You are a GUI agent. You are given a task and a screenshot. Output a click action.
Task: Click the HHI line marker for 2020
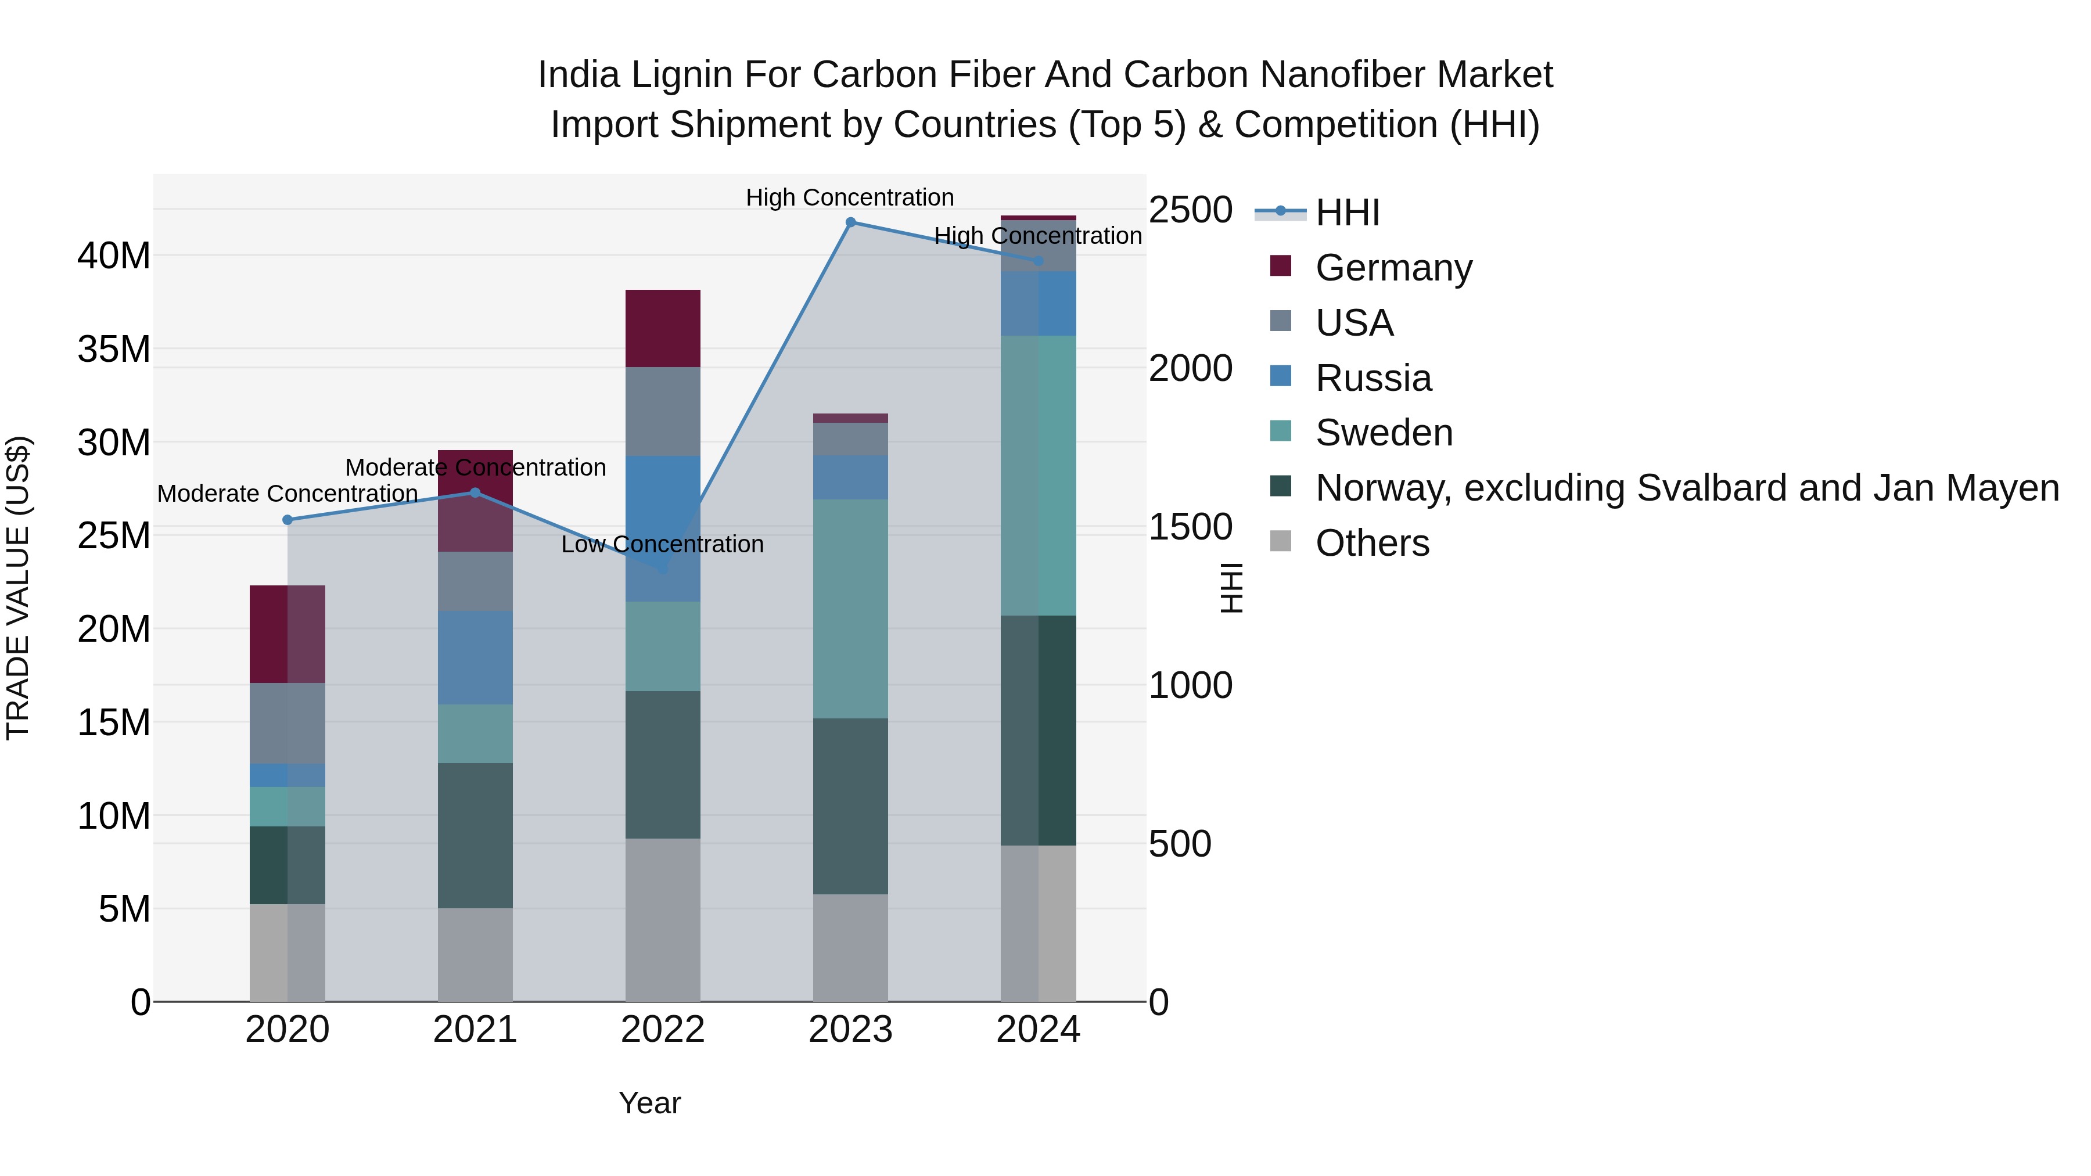coord(288,520)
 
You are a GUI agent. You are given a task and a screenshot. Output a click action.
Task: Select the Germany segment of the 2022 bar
coord(662,328)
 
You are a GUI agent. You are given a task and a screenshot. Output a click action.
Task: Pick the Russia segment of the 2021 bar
coord(475,657)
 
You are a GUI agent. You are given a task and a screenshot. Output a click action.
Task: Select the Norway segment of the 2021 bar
coord(475,835)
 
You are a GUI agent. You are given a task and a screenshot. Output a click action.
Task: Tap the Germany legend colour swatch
coord(1280,266)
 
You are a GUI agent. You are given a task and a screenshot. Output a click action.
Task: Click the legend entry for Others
coord(1372,543)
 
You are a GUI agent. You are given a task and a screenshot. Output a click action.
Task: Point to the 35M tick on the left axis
coord(114,350)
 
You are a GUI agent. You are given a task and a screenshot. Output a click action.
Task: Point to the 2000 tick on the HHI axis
coord(1190,368)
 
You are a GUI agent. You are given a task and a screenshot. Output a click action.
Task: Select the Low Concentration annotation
coord(662,545)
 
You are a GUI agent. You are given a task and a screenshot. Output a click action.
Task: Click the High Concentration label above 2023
coord(849,198)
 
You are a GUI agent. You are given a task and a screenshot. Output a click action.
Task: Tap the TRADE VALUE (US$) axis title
coord(18,588)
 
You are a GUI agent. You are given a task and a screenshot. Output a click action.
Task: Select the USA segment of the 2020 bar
coord(288,723)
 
